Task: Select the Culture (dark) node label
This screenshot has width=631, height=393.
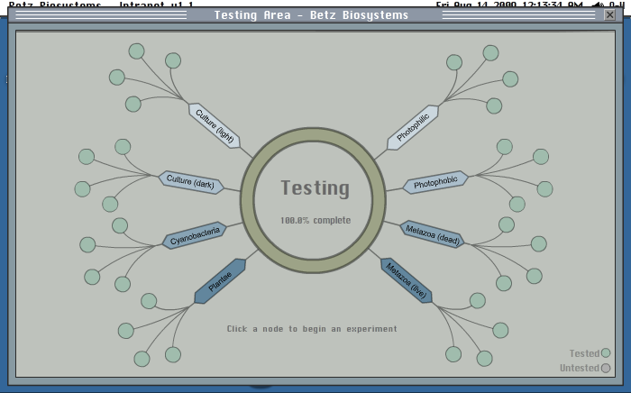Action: (190, 181)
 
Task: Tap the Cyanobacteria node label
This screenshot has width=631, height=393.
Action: (195, 236)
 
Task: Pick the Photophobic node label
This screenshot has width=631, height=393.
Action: (435, 182)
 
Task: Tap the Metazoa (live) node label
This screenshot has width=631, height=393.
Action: (406, 280)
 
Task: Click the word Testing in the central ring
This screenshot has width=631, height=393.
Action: (315, 188)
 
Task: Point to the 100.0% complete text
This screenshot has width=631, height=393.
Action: (315, 220)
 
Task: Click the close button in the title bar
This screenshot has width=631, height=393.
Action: (611, 15)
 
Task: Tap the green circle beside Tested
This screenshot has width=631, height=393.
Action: (606, 353)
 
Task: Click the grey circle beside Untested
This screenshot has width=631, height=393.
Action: (606, 368)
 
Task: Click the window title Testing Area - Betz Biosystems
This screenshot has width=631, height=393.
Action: (311, 15)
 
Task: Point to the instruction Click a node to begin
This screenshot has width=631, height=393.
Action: (312, 329)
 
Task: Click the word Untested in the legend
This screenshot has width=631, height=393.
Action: (579, 368)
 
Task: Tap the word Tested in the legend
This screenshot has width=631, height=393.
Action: (584, 353)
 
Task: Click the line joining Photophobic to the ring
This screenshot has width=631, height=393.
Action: (395, 189)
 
